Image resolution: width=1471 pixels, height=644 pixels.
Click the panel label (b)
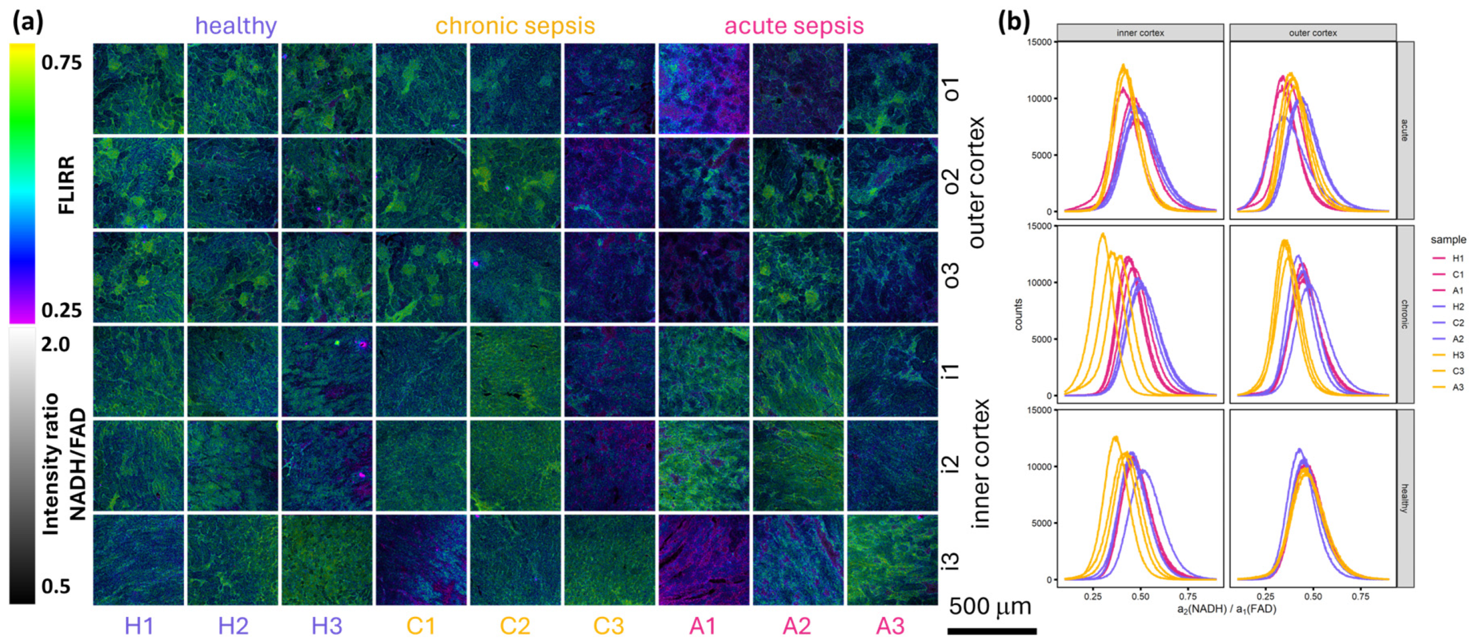tap(1013, 21)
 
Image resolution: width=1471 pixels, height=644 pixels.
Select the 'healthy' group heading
tap(236, 26)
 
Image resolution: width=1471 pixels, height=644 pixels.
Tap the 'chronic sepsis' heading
tap(514, 26)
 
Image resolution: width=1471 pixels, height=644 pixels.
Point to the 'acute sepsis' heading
tap(793, 26)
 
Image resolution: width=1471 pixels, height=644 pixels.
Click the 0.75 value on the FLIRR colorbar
tap(62, 62)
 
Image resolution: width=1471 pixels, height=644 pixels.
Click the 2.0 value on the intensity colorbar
tap(56, 344)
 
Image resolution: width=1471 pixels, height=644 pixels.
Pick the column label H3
tap(327, 626)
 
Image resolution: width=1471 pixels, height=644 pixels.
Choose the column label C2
tap(514, 626)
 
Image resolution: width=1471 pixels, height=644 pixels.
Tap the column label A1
tap(702, 626)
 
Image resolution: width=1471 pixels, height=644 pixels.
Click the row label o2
tap(951, 181)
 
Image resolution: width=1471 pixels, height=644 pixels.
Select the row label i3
tap(951, 560)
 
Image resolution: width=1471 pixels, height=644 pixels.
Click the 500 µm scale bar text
tap(989, 607)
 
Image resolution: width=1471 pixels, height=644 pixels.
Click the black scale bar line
tap(992, 631)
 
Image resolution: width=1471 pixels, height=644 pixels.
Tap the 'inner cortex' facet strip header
tap(1140, 33)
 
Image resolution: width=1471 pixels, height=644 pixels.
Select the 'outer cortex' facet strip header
tap(1312, 33)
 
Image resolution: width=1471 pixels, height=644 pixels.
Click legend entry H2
tap(1458, 306)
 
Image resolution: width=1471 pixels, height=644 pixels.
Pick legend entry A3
tap(1458, 387)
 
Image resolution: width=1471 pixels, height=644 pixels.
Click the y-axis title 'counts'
tap(1019, 315)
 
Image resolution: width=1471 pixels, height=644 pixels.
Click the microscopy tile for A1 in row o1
tap(704, 89)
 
